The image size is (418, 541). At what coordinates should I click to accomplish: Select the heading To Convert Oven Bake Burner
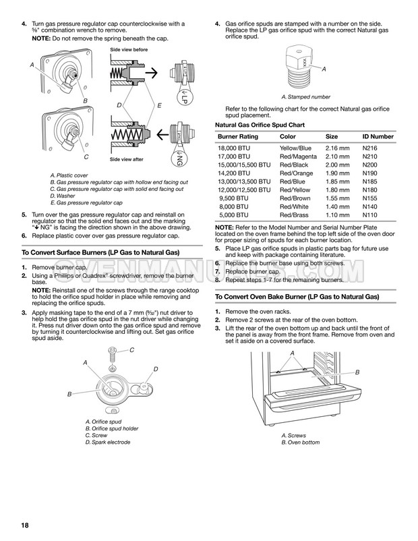tap(296, 297)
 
